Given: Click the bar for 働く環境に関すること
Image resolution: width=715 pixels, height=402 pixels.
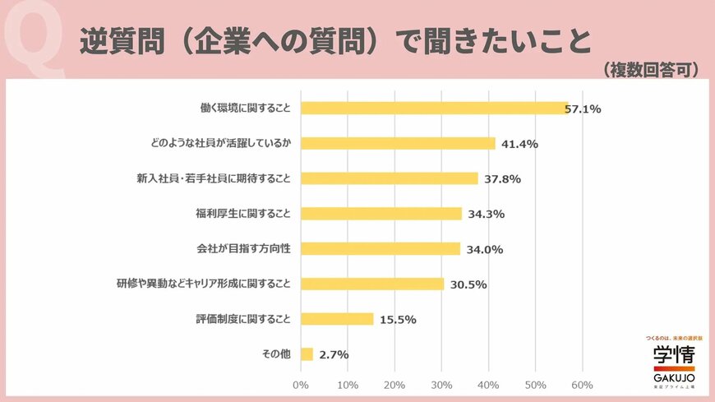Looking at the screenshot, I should point(434,108).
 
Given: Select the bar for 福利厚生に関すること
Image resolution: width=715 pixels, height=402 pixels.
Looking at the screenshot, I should point(381,214).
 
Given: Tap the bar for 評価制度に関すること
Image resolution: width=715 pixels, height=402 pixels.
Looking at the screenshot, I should point(337,319).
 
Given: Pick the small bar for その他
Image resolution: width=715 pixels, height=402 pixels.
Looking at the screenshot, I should point(307,354).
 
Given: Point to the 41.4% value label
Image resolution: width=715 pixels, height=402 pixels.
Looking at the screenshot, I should point(519,144).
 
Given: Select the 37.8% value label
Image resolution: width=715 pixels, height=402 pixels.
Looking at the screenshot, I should point(503,179).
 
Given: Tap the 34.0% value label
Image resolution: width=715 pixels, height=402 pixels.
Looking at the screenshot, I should point(485,250).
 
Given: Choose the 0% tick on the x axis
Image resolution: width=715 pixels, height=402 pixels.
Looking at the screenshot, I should point(301,385).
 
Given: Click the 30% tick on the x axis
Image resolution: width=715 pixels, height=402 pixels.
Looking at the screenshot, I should point(441,385).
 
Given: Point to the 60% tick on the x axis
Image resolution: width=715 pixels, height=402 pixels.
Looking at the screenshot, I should point(582,385).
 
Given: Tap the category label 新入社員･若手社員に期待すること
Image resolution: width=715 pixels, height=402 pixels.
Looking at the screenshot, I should point(214,178).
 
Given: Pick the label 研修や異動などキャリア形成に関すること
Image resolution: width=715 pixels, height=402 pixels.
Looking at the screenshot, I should point(203,284).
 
